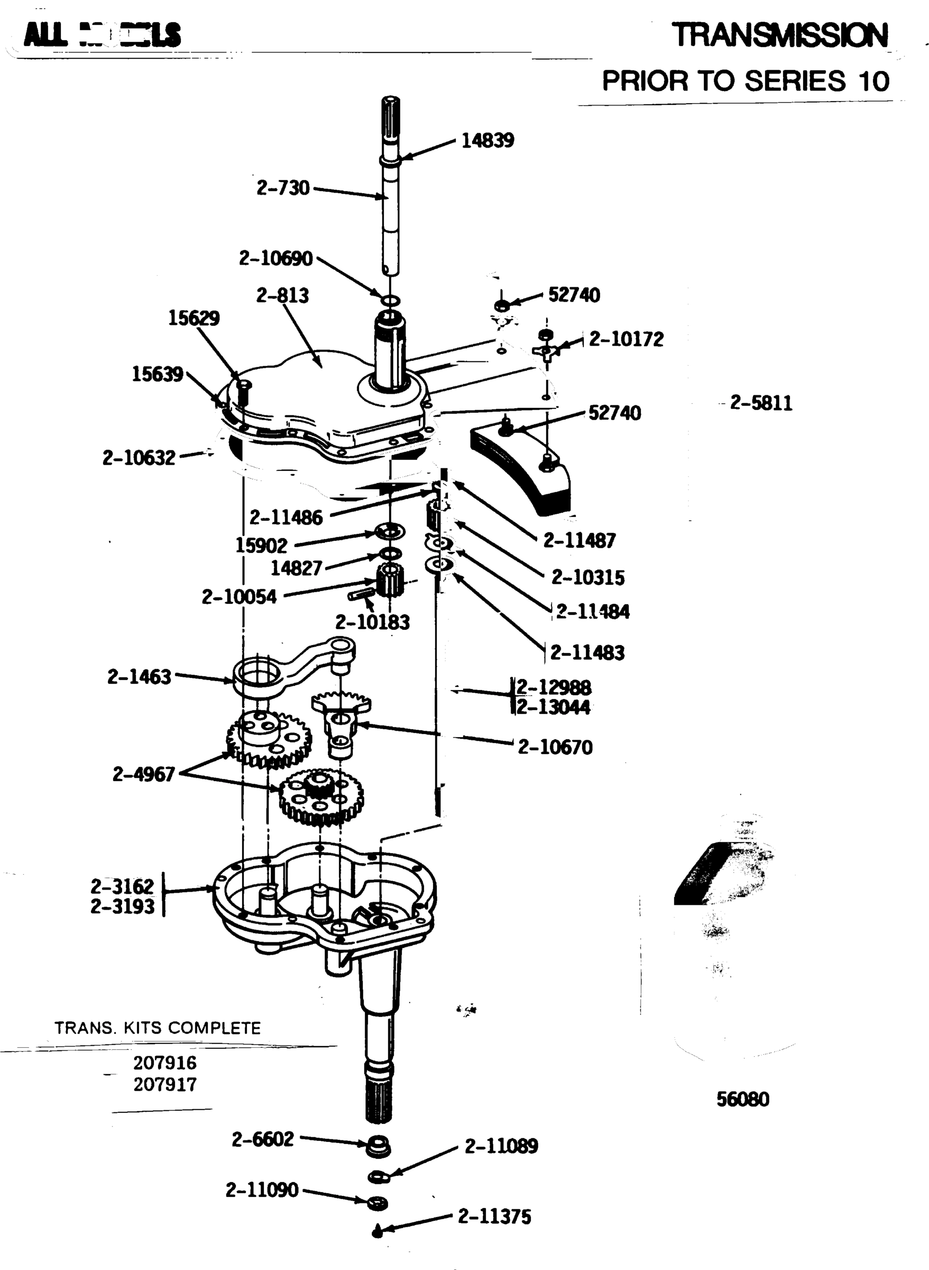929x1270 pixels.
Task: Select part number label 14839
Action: pyautogui.click(x=487, y=140)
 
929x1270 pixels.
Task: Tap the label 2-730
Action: pyautogui.click(x=283, y=187)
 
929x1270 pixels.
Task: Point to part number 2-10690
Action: pyautogui.click(x=275, y=258)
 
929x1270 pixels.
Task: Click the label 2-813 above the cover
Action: pyautogui.click(x=282, y=295)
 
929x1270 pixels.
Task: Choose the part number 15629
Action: pyautogui.click(x=194, y=318)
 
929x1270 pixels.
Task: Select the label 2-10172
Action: pyautogui.click(x=626, y=339)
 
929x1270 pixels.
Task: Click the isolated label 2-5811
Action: pyautogui.click(x=760, y=403)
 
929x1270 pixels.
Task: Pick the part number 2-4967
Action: pyautogui.click(x=143, y=774)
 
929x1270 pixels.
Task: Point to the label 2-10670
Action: pyautogui.click(x=555, y=747)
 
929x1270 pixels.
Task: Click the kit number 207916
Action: pyautogui.click(x=165, y=1063)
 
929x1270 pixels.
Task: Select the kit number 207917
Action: pyautogui.click(x=165, y=1084)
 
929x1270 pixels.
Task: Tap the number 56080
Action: pyautogui.click(x=742, y=1099)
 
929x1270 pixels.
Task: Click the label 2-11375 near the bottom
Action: pyautogui.click(x=494, y=1217)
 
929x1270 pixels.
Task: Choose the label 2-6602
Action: pyautogui.click(x=263, y=1139)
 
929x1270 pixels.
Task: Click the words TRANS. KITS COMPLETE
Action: pyautogui.click(x=158, y=1028)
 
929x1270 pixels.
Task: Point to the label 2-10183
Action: pyautogui.click(x=372, y=622)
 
